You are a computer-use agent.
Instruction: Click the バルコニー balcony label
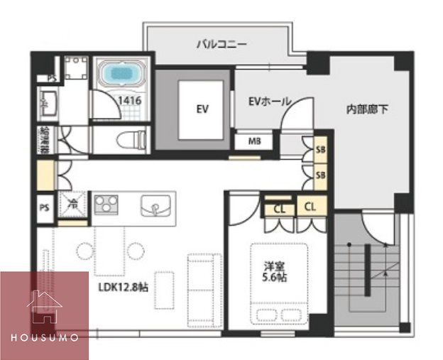221,44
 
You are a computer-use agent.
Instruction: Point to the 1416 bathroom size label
131,101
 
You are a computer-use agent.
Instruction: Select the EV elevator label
202,109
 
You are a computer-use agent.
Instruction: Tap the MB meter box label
254,141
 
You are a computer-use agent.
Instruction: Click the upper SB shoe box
320,149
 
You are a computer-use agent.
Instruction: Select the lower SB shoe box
320,175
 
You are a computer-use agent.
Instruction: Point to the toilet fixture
131,139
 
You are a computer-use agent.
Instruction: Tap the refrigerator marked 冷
73,205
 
